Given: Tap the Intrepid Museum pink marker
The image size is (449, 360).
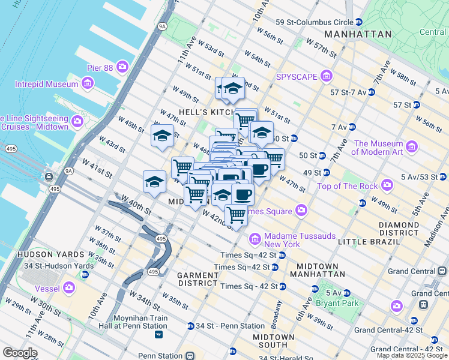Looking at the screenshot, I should tap(88, 83).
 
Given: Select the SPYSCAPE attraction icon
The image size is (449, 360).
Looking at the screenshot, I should tap(326, 76).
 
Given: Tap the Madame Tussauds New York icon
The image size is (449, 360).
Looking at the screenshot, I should tap(255, 239).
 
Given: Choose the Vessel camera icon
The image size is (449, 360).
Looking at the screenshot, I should tap(69, 287).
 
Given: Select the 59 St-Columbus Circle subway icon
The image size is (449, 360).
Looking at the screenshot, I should tap(359, 22).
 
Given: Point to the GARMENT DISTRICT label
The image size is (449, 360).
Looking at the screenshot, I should tap(197, 278).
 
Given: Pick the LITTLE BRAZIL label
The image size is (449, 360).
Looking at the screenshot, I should tap(369, 241).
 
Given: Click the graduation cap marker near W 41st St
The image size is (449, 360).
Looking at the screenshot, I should tap(154, 182).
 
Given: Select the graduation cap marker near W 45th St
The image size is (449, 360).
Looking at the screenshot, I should tap(162, 136).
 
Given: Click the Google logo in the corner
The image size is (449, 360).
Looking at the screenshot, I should tap(20, 353).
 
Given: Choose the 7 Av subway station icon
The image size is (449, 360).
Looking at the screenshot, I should tap(352, 127).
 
